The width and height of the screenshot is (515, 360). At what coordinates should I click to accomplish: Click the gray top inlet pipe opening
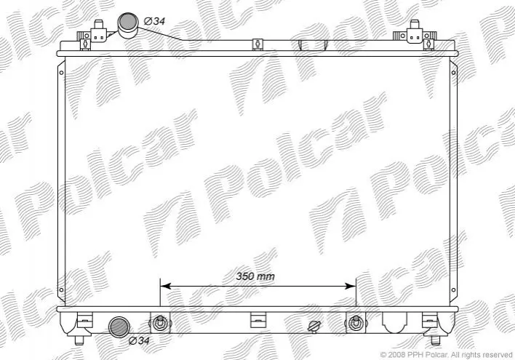point(128,22)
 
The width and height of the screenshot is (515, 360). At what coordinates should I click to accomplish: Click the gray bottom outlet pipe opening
point(119,327)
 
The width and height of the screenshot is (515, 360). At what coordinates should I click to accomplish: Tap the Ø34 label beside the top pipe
point(154,21)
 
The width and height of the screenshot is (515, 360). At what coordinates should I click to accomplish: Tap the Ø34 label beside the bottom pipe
point(139,340)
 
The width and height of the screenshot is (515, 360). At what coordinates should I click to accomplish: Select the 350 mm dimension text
point(255,276)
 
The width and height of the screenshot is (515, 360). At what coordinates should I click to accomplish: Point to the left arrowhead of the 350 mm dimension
point(165,286)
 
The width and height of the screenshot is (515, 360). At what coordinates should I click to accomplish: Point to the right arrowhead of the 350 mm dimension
point(350,286)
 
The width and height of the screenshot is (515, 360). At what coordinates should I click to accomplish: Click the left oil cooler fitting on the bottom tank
point(160,322)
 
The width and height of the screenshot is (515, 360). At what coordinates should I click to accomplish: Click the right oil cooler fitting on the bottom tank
point(355,322)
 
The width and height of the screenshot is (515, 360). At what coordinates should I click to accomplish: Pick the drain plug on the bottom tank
point(314,326)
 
